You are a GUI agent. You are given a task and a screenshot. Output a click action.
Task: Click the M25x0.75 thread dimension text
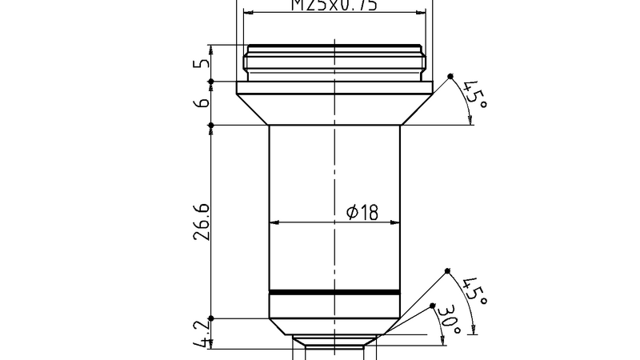point(334,6)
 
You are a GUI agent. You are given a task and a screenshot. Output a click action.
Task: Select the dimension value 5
point(202,62)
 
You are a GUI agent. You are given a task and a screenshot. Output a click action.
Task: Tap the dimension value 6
point(202,102)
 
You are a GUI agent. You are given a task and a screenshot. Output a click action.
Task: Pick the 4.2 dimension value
point(202,333)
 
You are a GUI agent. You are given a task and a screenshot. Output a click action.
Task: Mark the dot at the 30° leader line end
point(432,306)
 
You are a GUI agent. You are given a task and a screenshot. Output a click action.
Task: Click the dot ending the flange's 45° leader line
point(450,77)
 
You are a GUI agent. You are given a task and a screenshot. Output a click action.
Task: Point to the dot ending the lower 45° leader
point(447,270)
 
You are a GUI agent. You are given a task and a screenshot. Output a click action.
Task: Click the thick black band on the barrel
point(334,292)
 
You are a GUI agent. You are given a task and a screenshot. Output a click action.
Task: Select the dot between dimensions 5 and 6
point(210,81)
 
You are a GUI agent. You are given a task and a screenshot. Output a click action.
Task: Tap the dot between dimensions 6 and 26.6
point(210,125)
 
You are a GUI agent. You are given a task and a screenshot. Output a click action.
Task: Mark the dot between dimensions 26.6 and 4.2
point(210,318)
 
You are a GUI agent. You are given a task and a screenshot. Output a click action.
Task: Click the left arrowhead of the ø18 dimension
point(274,222)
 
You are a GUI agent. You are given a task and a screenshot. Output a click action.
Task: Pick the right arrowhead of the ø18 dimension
point(394,222)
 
